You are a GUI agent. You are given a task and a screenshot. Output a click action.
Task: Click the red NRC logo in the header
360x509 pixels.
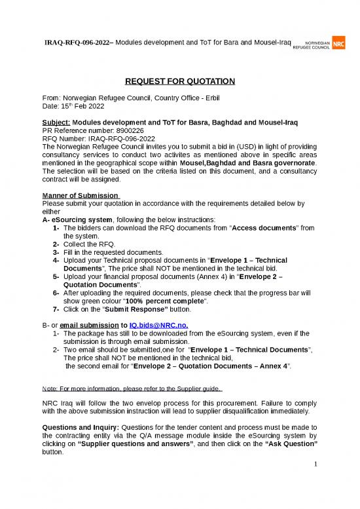pos(339,44)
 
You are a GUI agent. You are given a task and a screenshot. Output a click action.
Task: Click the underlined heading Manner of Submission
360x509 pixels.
pos(79,195)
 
